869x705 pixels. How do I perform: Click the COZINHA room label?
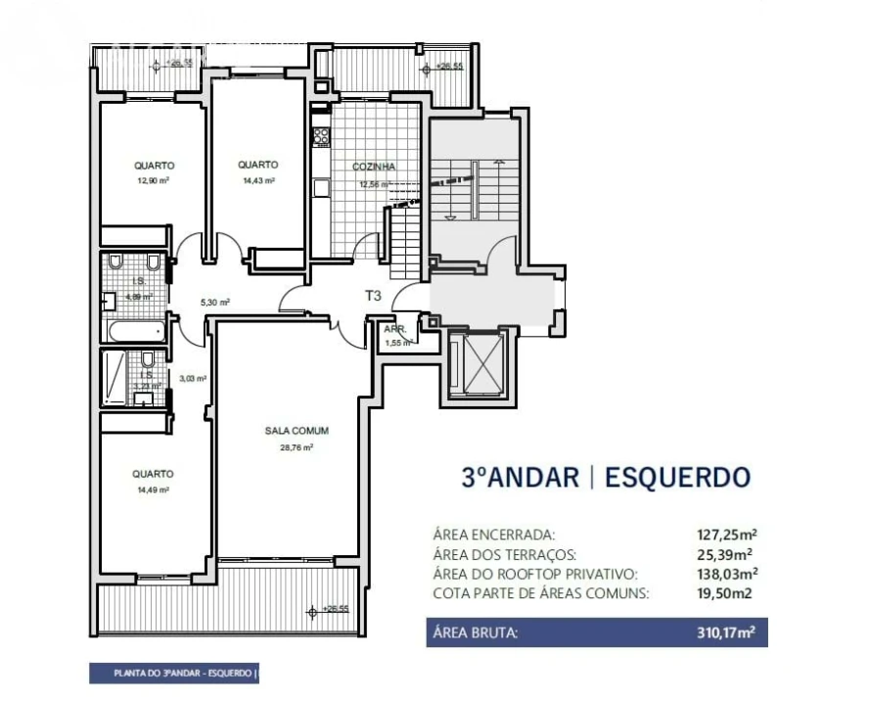point(373,167)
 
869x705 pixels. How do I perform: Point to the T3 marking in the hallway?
point(373,295)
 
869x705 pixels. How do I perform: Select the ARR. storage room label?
point(394,330)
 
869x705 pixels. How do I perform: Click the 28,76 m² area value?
point(296,447)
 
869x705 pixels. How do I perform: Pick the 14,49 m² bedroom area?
point(154,490)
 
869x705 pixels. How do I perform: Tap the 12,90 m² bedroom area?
point(155,181)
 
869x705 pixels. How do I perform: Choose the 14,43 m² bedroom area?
point(257,181)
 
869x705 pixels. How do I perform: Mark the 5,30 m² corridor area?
point(214,303)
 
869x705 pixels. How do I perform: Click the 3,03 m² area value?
point(192,378)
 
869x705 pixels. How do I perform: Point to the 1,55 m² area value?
point(398,343)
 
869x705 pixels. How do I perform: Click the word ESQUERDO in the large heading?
point(677,478)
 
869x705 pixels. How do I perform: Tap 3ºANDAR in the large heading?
point(520,478)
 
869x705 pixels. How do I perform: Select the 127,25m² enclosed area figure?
point(726,535)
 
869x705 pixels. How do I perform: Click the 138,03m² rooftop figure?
point(726,574)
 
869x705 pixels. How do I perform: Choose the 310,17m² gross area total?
point(726,634)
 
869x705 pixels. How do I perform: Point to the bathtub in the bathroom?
point(138,331)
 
